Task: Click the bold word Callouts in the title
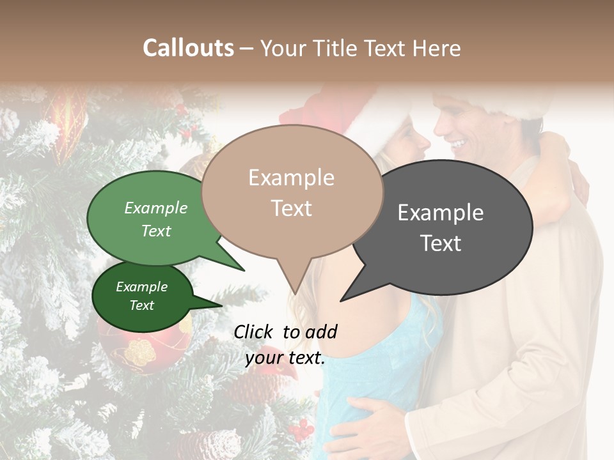click(x=188, y=48)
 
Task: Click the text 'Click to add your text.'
click(x=285, y=345)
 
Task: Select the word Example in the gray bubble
click(x=440, y=213)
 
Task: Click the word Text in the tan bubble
click(x=292, y=208)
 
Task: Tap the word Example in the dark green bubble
click(x=141, y=287)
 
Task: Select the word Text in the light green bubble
click(x=156, y=231)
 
